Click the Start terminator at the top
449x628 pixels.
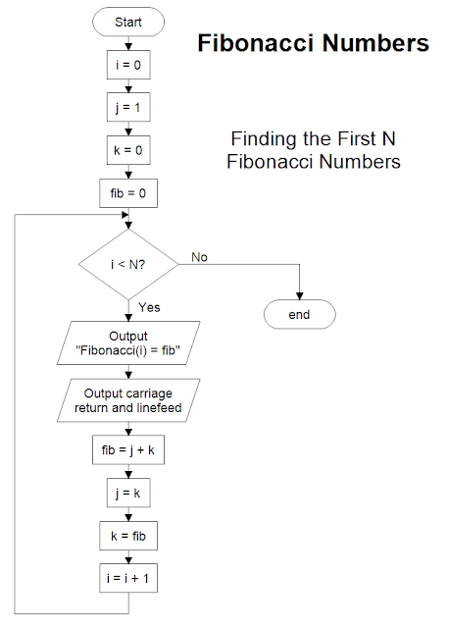point(127,22)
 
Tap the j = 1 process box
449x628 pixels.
point(127,107)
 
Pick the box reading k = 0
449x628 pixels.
point(127,149)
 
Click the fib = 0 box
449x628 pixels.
point(127,192)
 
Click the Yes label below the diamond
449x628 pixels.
point(149,307)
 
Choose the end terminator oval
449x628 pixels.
point(299,314)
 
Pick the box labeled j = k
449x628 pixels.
point(127,495)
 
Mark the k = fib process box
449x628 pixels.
point(127,537)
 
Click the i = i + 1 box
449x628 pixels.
point(127,579)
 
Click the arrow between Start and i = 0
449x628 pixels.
point(127,41)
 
